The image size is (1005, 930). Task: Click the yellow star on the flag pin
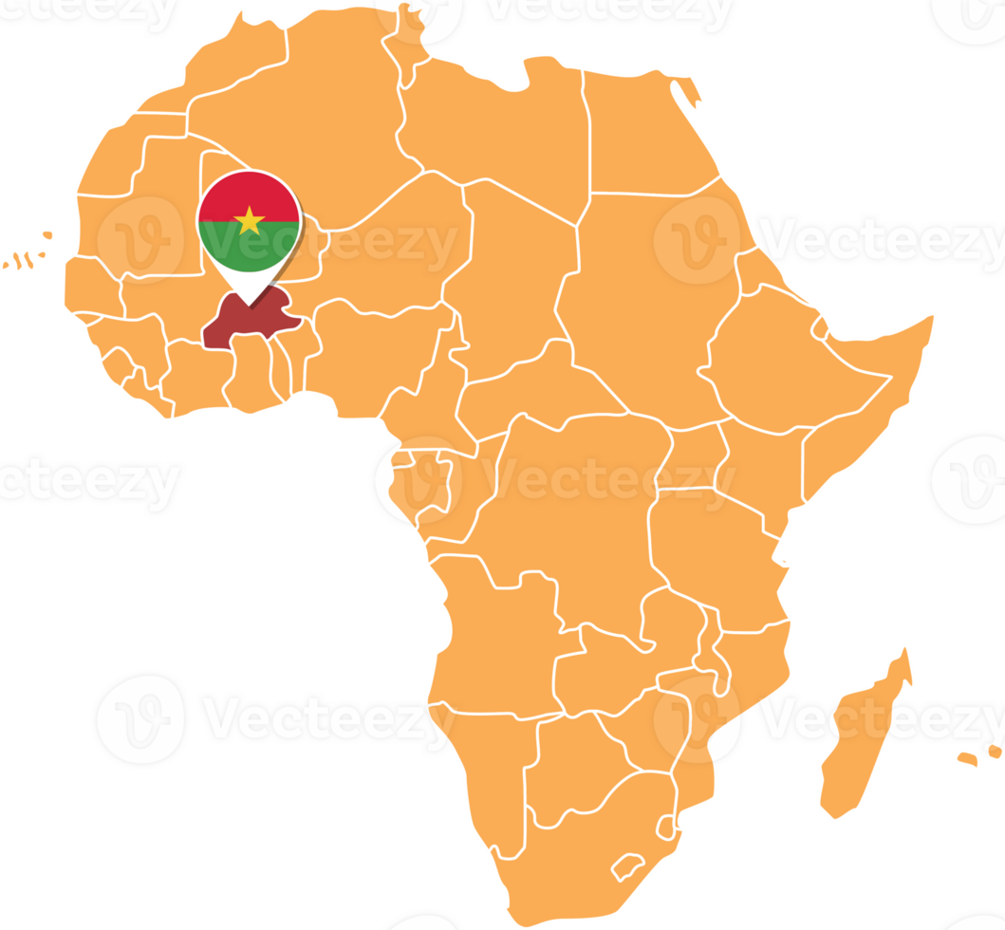click(x=249, y=221)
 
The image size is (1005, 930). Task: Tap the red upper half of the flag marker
click(x=249, y=195)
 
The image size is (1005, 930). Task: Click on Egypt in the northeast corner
click(x=645, y=133)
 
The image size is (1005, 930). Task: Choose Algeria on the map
click(x=313, y=123)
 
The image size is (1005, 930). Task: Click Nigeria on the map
click(x=380, y=351)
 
